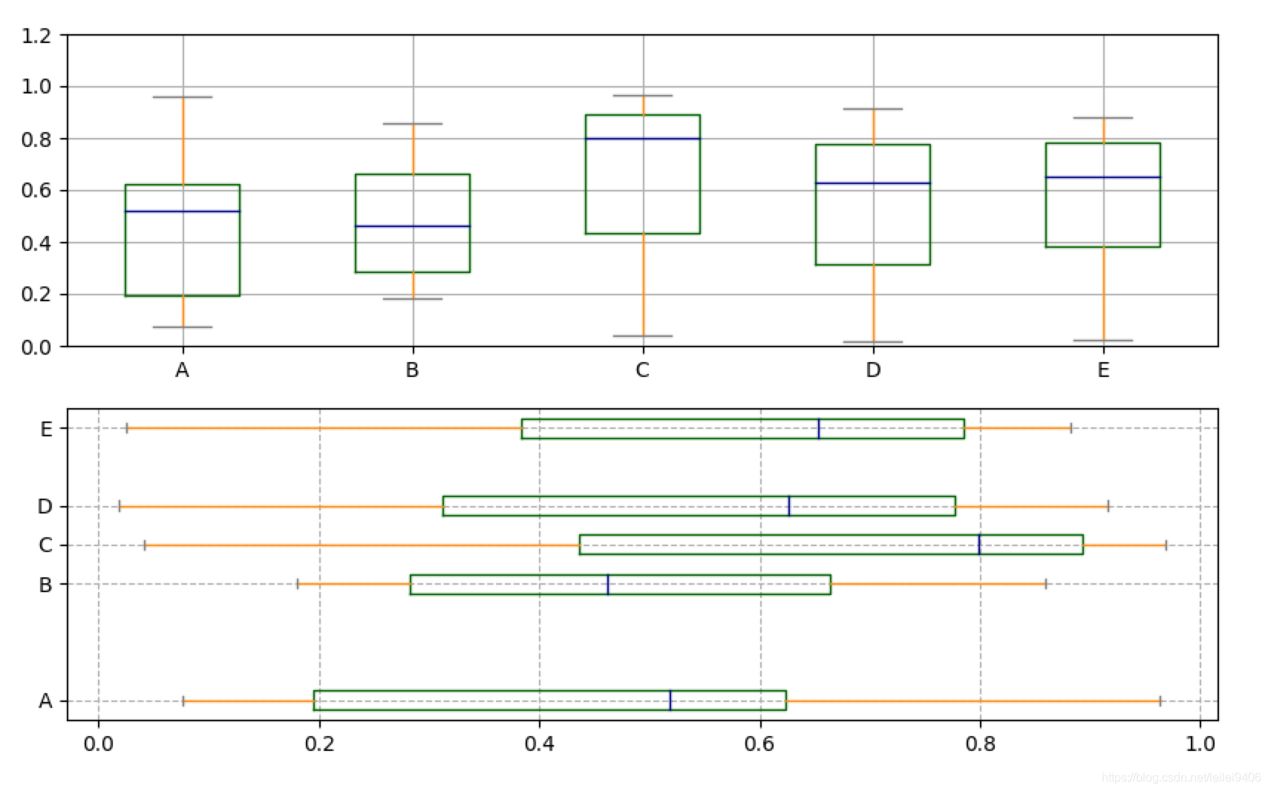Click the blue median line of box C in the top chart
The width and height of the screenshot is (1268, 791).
(x=643, y=139)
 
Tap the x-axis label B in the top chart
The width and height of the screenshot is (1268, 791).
(x=412, y=370)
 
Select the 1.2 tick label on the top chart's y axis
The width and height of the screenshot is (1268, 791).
(x=36, y=35)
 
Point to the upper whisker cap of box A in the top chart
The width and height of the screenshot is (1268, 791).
(x=183, y=97)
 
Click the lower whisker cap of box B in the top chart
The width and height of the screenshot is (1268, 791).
(x=413, y=299)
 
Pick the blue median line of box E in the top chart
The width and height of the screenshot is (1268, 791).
(x=1102, y=177)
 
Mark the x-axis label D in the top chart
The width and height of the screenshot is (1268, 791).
(x=873, y=370)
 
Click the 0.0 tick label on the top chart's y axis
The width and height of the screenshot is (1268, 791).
(x=36, y=347)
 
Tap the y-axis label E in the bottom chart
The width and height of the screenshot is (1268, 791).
(x=46, y=429)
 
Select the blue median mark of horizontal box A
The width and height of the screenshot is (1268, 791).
(x=670, y=700)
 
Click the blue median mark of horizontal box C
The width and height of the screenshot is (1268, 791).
(x=979, y=545)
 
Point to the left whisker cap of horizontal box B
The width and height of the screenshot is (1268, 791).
(x=298, y=584)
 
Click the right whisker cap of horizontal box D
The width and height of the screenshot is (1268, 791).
(x=1108, y=506)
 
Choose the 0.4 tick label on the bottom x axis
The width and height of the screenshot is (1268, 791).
(x=540, y=744)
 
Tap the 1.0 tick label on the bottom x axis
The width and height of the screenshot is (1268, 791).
(x=1200, y=744)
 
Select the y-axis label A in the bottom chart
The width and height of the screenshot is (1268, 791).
(x=46, y=701)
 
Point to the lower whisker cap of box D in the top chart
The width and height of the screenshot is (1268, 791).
(x=873, y=342)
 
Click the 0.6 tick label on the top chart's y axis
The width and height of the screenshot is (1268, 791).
(x=36, y=191)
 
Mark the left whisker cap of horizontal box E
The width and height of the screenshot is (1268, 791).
(x=127, y=428)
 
